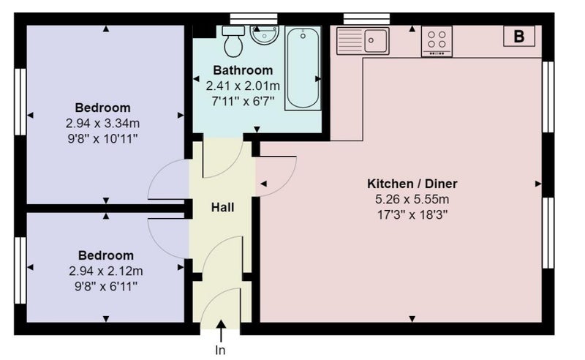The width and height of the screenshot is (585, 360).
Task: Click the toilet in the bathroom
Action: pos(233,41)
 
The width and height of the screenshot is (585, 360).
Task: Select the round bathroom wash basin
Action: pos(265,34)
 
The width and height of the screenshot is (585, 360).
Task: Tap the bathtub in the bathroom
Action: pos(303,68)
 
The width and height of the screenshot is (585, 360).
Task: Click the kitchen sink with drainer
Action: pos(363,41)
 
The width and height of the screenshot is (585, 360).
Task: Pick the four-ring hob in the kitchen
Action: pos(437,41)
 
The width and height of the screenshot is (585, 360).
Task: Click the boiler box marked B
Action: pos(519,37)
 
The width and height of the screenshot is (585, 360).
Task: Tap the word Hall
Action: pos(222,207)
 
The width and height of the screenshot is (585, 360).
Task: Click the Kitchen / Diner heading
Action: pos(412,184)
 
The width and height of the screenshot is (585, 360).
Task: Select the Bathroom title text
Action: pos(243,70)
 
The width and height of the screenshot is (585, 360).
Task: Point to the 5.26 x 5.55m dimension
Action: pos(412,200)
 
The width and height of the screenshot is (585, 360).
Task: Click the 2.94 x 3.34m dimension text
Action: pos(102,123)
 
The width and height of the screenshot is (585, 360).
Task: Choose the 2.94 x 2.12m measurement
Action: pos(106,271)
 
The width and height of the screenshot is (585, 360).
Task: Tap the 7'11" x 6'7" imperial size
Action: pos(243,101)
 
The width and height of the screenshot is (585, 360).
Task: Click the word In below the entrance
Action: pos(221,350)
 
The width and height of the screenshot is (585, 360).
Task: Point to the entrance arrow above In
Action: pos(221,331)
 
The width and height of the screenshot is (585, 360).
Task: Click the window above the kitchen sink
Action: pos(367,19)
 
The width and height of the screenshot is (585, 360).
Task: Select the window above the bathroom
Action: pos(254,19)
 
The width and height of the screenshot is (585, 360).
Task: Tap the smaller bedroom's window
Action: pos(20,271)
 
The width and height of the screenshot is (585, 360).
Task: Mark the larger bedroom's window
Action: pos(20,102)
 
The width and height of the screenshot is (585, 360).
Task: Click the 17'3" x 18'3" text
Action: pos(412,215)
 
